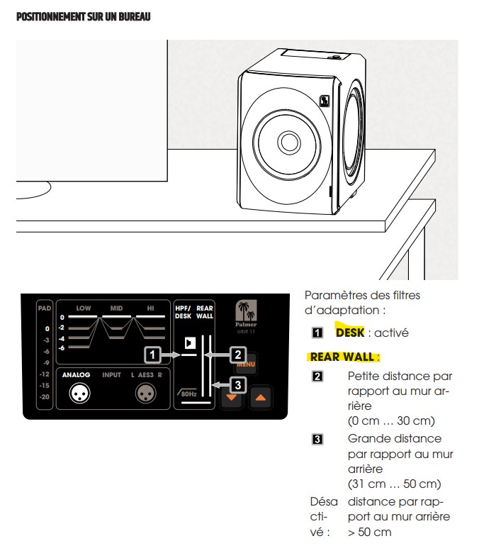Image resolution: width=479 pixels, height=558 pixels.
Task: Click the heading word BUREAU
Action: point(135,16)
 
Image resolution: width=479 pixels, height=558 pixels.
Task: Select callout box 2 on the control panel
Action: point(239,352)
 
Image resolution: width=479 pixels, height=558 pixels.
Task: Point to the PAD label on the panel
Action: point(44,308)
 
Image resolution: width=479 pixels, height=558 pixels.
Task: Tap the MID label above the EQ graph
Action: point(117,308)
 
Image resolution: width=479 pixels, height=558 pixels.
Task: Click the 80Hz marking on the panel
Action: point(188,393)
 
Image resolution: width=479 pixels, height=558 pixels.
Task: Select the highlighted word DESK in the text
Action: point(349,331)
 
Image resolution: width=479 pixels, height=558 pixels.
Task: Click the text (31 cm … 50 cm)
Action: point(394,484)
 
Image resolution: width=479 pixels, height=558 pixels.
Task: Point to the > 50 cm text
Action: point(369,532)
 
